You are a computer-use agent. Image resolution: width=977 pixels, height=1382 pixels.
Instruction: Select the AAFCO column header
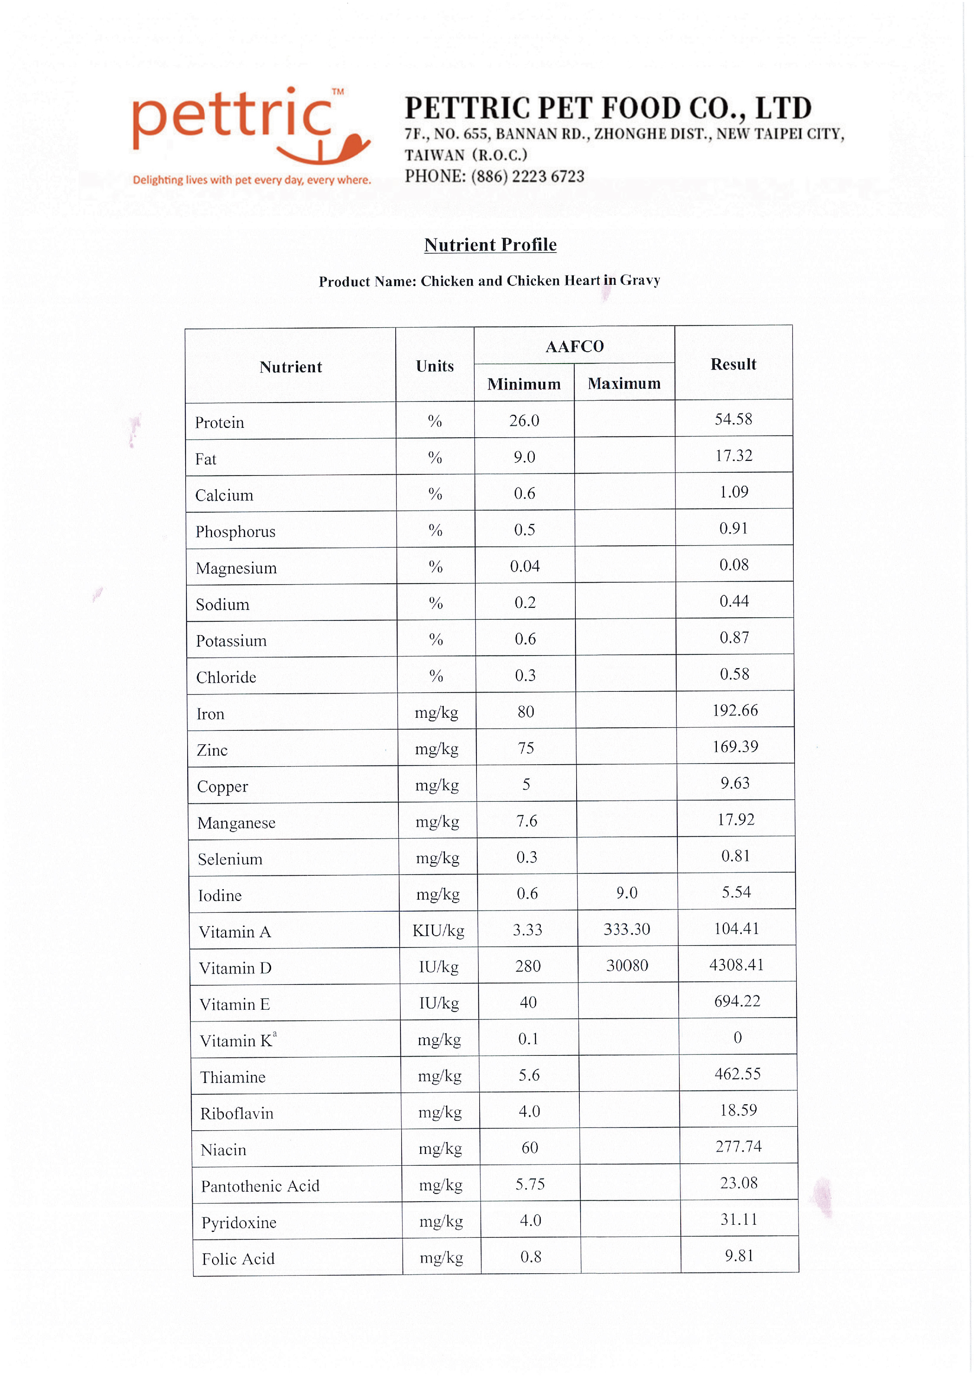574,346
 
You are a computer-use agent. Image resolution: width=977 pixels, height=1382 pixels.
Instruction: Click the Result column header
733,364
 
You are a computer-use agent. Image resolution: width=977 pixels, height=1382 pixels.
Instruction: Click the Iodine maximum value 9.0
627,893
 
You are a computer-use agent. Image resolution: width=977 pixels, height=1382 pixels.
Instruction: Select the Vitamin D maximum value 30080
627,966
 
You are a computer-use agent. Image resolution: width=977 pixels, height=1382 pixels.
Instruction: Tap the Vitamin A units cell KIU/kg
438,931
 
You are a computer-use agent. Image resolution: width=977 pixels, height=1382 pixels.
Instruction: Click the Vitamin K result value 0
737,1037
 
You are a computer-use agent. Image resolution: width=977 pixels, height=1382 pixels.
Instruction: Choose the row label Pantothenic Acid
260,1186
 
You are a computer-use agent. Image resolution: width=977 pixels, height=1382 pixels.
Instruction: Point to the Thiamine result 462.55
737,1074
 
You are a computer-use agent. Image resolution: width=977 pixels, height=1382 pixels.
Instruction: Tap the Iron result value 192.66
735,710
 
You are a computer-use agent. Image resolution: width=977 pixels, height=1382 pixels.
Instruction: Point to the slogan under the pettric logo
251,180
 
